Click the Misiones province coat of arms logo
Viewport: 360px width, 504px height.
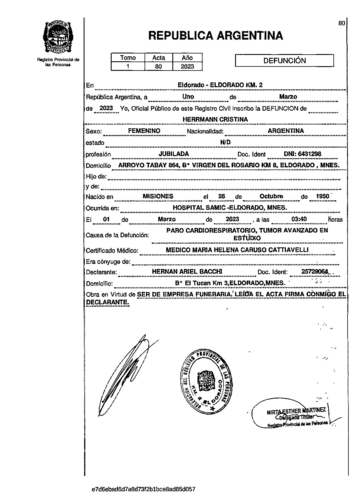pos(58,37)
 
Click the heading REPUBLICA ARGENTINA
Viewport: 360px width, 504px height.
pos(215,36)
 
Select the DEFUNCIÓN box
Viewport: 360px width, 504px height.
pos(285,61)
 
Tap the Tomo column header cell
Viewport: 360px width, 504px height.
pos(128,58)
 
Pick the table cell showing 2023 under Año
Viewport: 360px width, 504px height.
pos(187,66)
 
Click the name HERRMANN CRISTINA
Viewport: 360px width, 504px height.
pos(215,119)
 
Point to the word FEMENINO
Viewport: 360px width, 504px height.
pos(144,131)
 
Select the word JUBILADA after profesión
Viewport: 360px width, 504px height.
pos(174,154)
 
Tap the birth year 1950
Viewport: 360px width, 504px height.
pos(322,197)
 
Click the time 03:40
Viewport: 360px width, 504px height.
pos(299,219)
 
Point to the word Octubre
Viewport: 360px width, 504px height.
pos(271,197)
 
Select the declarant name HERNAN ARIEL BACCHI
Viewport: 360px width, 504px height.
pos(187,272)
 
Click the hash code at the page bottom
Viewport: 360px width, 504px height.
pos(143,489)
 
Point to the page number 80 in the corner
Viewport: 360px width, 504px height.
pos(341,23)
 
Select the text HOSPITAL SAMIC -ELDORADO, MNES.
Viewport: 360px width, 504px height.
pos(230,208)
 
